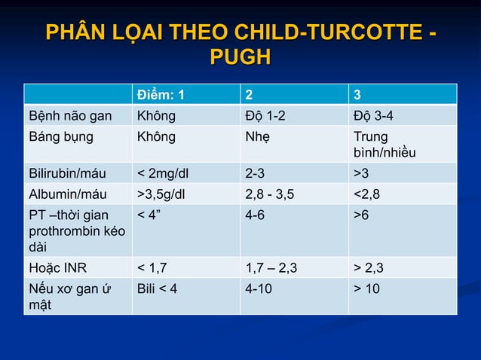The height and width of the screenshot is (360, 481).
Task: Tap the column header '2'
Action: pyautogui.click(x=250, y=95)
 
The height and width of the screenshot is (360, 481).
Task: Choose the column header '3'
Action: pyautogui.click(x=357, y=95)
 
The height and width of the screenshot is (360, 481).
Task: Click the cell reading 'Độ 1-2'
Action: pyautogui.click(x=265, y=116)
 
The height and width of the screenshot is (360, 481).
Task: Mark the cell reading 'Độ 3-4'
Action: pyautogui.click(x=373, y=116)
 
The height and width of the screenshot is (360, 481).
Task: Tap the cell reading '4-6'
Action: pyautogui.click(x=255, y=215)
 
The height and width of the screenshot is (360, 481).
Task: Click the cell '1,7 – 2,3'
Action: pyautogui.click(x=271, y=267)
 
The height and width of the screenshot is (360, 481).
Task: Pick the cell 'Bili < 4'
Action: pyautogui.click(x=157, y=288)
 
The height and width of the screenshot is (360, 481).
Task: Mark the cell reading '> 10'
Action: pyautogui.click(x=367, y=288)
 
